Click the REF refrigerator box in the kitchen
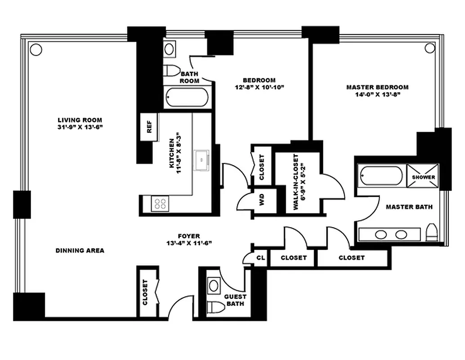(149, 127)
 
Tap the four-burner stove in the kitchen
(161, 203)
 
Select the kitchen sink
(201, 158)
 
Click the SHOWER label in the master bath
(424, 177)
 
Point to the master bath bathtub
(381, 175)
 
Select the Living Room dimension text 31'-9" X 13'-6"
(80, 127)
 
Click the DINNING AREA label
(80, 250)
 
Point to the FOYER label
(189, 236)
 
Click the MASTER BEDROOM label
(377, 87)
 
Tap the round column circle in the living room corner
(36, 49)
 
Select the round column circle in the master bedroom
(430, 48)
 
